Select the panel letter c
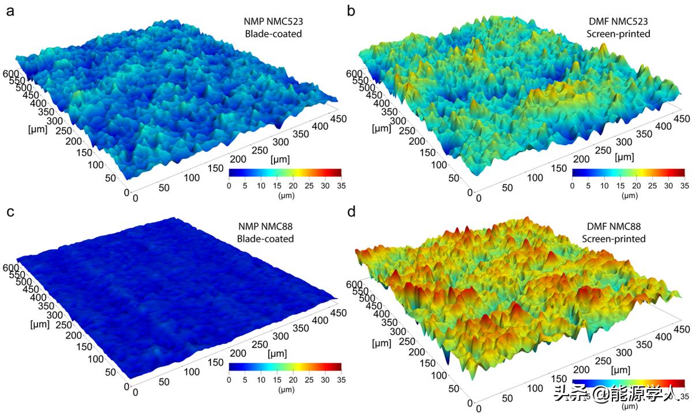click(x=10, y=212)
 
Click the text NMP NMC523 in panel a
click(x=273, y=22)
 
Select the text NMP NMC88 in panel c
click(x=270, y=227)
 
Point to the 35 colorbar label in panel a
click(x=341, y=185)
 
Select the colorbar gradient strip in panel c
click(x=285, y=366)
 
